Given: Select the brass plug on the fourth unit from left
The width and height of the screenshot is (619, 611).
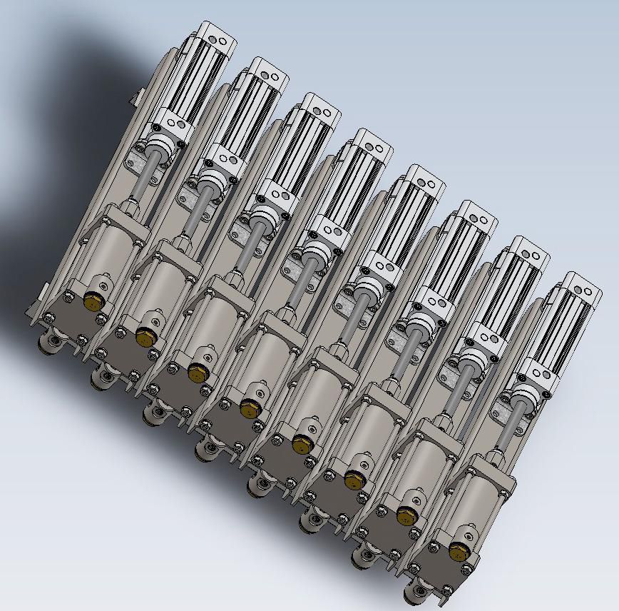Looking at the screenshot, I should (249, 408).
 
